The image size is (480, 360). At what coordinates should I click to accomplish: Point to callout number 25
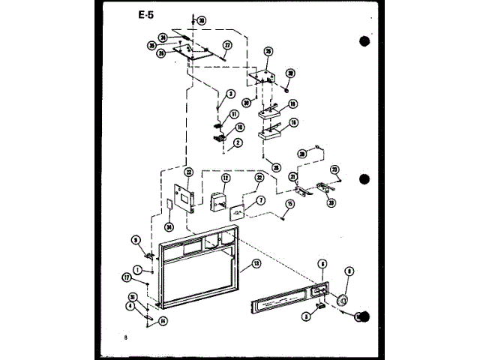(268, 51)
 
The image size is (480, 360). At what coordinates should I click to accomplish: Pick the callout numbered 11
(235, 114)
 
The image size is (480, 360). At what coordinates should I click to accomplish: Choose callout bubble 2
(238, 142)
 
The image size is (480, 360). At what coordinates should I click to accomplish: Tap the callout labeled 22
(189, 172)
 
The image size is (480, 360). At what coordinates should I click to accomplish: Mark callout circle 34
(169, 227)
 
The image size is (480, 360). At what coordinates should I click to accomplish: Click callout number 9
(136, 239)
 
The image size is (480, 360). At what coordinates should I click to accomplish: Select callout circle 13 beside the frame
(255, 264)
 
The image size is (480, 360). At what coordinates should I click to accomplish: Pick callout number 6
(322, 264)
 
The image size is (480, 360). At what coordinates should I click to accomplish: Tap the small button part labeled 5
(319, 304)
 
